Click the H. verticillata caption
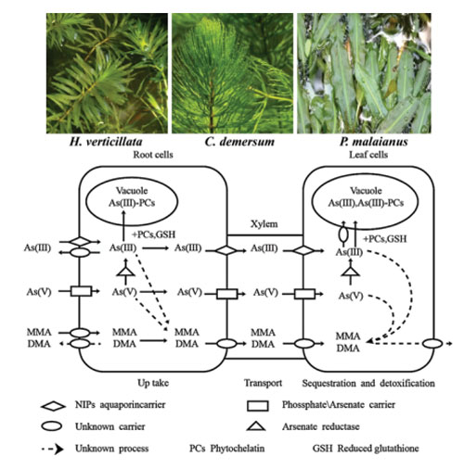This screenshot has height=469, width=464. pyautogui.click(x=106, y=142)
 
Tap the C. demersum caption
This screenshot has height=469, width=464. pyautogui.click(x=239, y=142)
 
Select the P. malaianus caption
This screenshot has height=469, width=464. pyautogui.click(x=374, y=142)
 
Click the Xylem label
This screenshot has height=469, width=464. pyautogui.click(x=264, y=223)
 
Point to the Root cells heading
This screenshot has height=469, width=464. pyautogui.click(x=153, y=155)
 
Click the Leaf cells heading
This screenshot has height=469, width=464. pyautogui.click(x=368, y=155)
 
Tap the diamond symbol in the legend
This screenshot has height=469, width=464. pyautogui.click(x=53, y=406)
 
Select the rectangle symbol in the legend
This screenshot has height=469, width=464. pyautogui.click(x=258, y=406)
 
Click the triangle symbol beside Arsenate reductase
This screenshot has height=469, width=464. pyautogui.click(x=256, y=426)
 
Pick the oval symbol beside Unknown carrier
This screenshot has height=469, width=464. pyautogui.click(x=51, y=426)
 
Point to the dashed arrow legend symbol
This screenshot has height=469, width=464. pyautogui.click(x=53, y=449)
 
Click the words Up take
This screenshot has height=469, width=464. pyautogui.click(x=153, y=383)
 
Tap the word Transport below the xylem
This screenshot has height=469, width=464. pyautogui.click(x=263, y=383)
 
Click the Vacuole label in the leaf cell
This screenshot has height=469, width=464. pyautogui.click(x=366, y=190)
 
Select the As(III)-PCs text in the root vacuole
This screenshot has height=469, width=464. pyautogui.click(x=132, y=203)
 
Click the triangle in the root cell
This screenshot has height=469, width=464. pyautogui.click(x=125, y=272)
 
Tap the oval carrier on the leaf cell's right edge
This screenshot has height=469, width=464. pyautogui.click(x=432, y=344)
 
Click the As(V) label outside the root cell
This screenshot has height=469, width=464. pyautogui.click(x=39, y=292)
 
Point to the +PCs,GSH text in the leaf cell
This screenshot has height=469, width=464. pyautogui.click(x=384, y=239)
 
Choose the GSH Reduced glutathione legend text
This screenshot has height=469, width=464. pyautogui.click(x=366, y=449)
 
